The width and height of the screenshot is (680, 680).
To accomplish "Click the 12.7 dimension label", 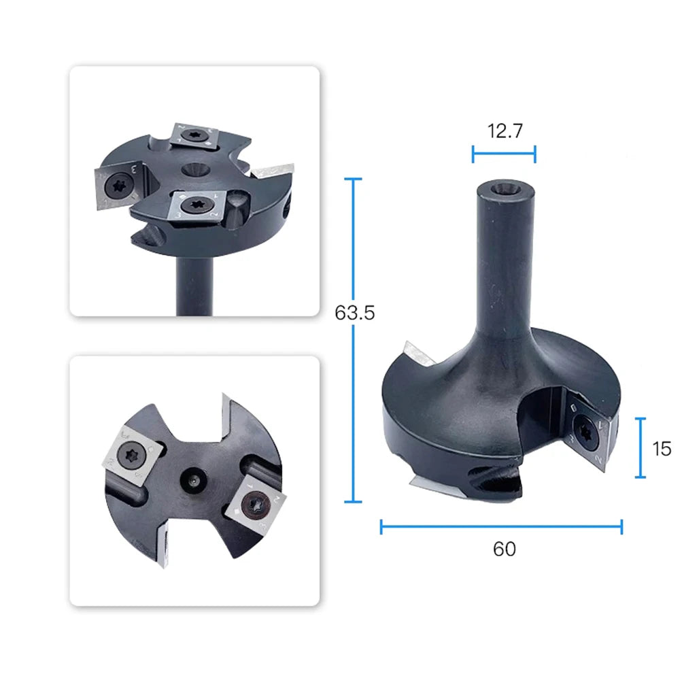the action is [x=505, y=131].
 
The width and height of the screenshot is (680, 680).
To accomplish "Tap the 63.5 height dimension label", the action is [x=354, y=312].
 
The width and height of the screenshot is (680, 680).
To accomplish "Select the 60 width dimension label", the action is [x=505, y=549].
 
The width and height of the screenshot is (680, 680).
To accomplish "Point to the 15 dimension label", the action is [x=662, y=448].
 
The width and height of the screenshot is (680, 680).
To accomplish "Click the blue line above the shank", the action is [x=504, y=154].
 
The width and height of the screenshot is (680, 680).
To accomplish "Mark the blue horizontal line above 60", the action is [x=501, y=527].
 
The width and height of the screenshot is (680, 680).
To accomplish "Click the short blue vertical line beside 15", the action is [x=640, y=448].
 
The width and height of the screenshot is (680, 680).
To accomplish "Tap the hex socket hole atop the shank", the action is [x=505, y=188].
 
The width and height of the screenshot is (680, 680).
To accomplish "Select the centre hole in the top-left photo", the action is [x=193, y=169].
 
